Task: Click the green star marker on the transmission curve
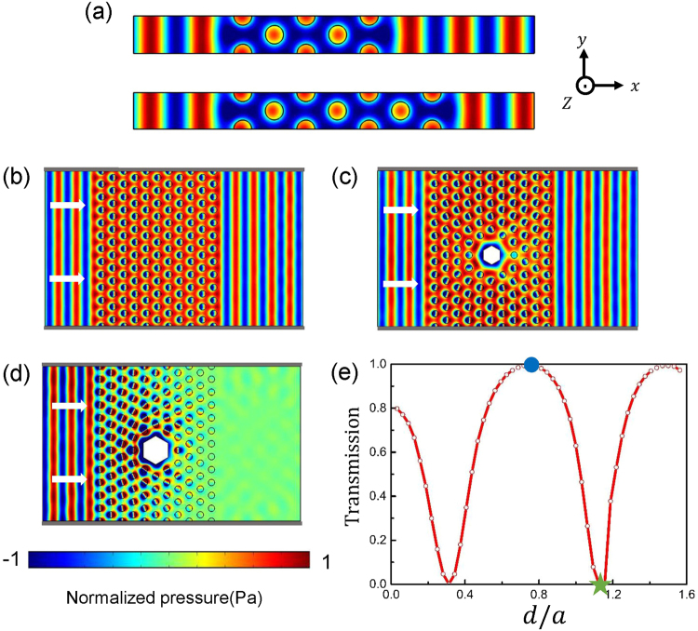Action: (599, 584)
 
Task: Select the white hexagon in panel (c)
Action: (490, 253)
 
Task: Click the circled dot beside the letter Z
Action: (584, 85)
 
